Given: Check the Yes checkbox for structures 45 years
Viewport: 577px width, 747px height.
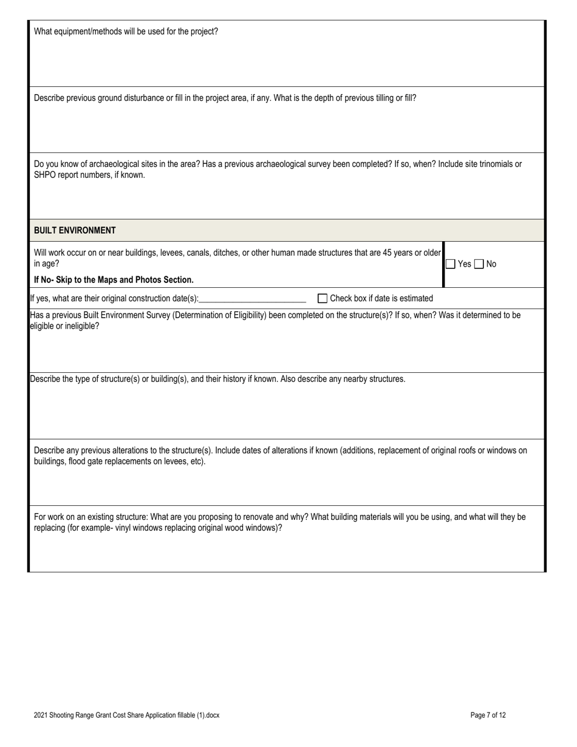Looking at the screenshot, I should coord(451,264).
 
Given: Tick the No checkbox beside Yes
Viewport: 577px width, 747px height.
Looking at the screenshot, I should coord(479,264).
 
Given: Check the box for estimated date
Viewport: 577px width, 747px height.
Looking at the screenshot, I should coord(323,298).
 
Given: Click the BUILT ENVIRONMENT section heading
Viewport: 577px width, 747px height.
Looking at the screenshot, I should coord(75,230).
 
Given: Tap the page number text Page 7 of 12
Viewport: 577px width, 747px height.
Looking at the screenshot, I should coord(488,715).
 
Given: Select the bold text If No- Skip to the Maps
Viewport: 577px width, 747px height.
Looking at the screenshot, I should coord(114,280).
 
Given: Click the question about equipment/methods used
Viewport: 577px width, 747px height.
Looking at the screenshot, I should coord(126,32).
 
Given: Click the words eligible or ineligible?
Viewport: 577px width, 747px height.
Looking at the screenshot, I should coord(64,326).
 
